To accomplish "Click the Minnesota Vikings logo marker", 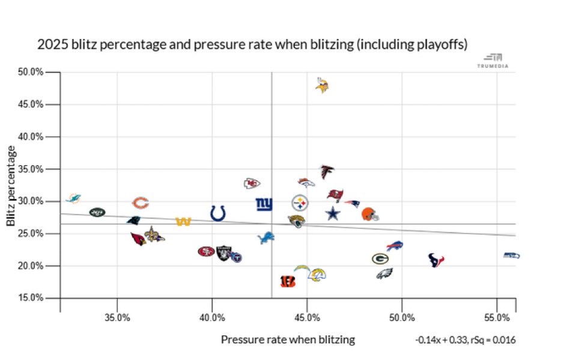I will pos(323,86).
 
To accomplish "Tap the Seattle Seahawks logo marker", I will pos(511,255).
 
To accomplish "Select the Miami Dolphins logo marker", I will pos(73,198).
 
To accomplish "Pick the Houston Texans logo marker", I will pos(436,260).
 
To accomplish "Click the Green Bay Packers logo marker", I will pos(380,258).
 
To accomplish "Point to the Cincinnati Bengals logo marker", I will pos(288,281).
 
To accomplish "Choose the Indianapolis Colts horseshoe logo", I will pos(218,213).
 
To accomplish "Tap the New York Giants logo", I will pos(264,204).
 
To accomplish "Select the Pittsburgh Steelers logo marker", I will pos(300,203).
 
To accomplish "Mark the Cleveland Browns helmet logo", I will pos(370,214).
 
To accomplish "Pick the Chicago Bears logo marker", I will pos(140,203).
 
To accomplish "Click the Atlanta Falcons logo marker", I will pos(327,172).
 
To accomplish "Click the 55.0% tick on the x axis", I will pos(497,317).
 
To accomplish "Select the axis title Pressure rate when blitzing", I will pos(288,340).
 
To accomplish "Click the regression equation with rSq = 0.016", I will pos(465,340).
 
